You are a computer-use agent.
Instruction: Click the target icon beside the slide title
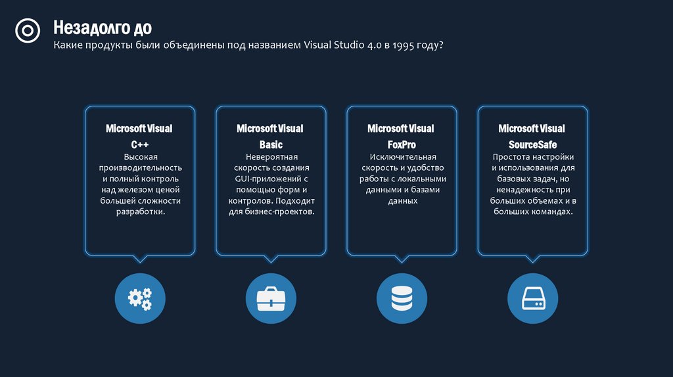(28, 31)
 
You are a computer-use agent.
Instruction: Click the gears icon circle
(139, 299)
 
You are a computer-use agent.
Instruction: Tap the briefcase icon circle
(271, 299)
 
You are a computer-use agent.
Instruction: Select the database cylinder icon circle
(402, 299)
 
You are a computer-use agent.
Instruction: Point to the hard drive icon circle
(532, 299)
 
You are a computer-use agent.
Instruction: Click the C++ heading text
(139, 144)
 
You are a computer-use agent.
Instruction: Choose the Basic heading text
(271, 144)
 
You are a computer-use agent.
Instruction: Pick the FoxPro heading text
(402, 144)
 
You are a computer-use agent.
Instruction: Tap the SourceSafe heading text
(532, 144)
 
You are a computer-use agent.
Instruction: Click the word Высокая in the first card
(139, 157)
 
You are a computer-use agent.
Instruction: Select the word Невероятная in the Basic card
(271, 157)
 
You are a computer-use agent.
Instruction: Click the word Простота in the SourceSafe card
(512, 157)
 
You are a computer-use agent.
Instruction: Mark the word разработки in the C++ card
(139, 212)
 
